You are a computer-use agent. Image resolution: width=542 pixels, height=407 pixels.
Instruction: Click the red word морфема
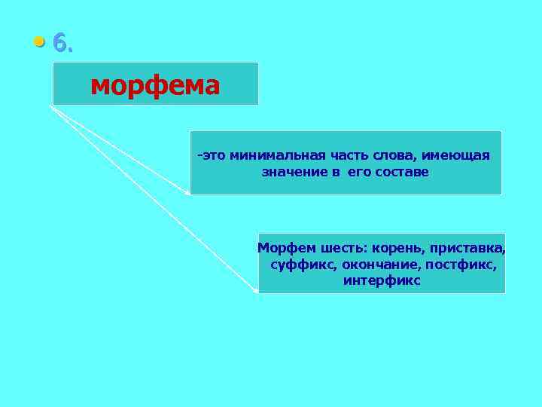click(155, 85)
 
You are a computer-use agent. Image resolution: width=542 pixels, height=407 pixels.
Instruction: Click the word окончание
click(381, 265)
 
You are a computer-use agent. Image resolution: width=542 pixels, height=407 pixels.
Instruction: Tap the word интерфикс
click(382, 281)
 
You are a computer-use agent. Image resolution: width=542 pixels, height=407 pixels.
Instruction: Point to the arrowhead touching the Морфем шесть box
click(255, 289)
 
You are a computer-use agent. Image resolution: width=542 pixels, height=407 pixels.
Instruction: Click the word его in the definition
click(356, 172)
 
